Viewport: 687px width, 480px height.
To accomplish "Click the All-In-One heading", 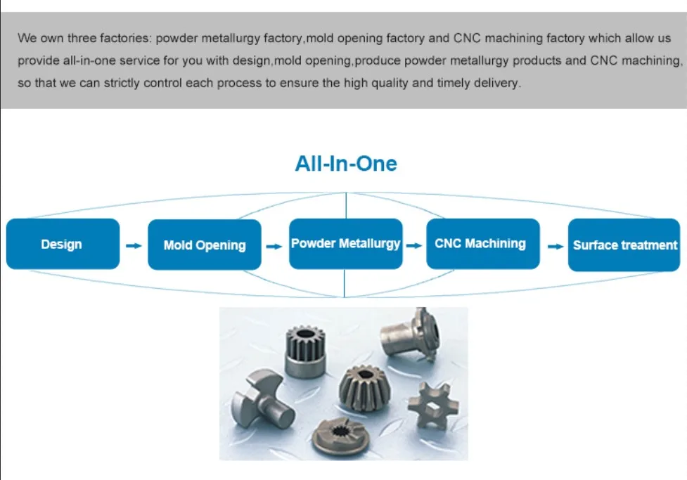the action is tap(346, 164).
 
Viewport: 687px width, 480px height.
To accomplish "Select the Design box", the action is tap(63, 244).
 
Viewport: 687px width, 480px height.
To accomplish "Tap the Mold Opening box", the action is tap(205, 245).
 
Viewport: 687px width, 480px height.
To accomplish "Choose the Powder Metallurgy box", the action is tap(345, 244).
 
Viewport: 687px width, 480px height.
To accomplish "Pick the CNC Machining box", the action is tap(483, 243).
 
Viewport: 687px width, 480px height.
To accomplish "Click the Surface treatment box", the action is tap(624, 245).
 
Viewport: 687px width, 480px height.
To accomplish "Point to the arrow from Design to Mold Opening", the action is tap(133, 246).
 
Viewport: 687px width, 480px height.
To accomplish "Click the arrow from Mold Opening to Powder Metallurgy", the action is tap(274, 246).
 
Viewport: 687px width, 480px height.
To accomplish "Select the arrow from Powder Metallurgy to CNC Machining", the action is tap(414, 246).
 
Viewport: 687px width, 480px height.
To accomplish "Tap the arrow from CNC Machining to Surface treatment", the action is tap(556, 246).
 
